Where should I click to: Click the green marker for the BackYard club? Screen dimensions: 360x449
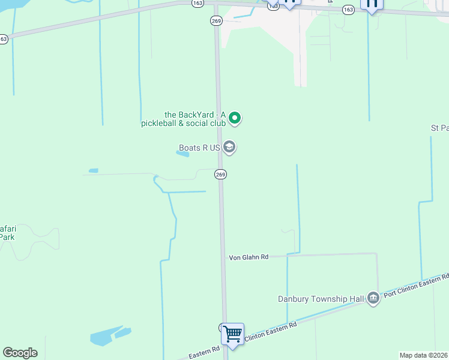[235, 118]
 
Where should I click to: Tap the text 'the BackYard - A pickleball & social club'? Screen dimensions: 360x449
[195, 119]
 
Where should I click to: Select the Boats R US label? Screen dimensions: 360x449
[200, 148]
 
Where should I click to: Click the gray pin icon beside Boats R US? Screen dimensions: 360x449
[229, 146]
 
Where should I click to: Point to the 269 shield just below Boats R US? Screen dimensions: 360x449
[220, 174]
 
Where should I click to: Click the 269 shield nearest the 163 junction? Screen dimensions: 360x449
[216, 20]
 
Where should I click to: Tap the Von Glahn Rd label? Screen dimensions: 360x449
[248, 257]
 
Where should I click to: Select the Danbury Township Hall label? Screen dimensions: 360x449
[321, 299]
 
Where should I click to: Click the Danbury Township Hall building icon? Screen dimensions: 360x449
[373, 298]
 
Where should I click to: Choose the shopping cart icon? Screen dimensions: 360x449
[232, 333]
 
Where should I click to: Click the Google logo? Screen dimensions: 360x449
[20, 353]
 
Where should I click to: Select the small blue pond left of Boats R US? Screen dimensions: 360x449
[182, 154]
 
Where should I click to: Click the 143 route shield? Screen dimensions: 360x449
[273, 5]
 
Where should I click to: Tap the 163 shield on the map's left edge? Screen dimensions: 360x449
[4, 38]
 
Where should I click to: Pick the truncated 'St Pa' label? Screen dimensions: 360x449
[439, 128]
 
